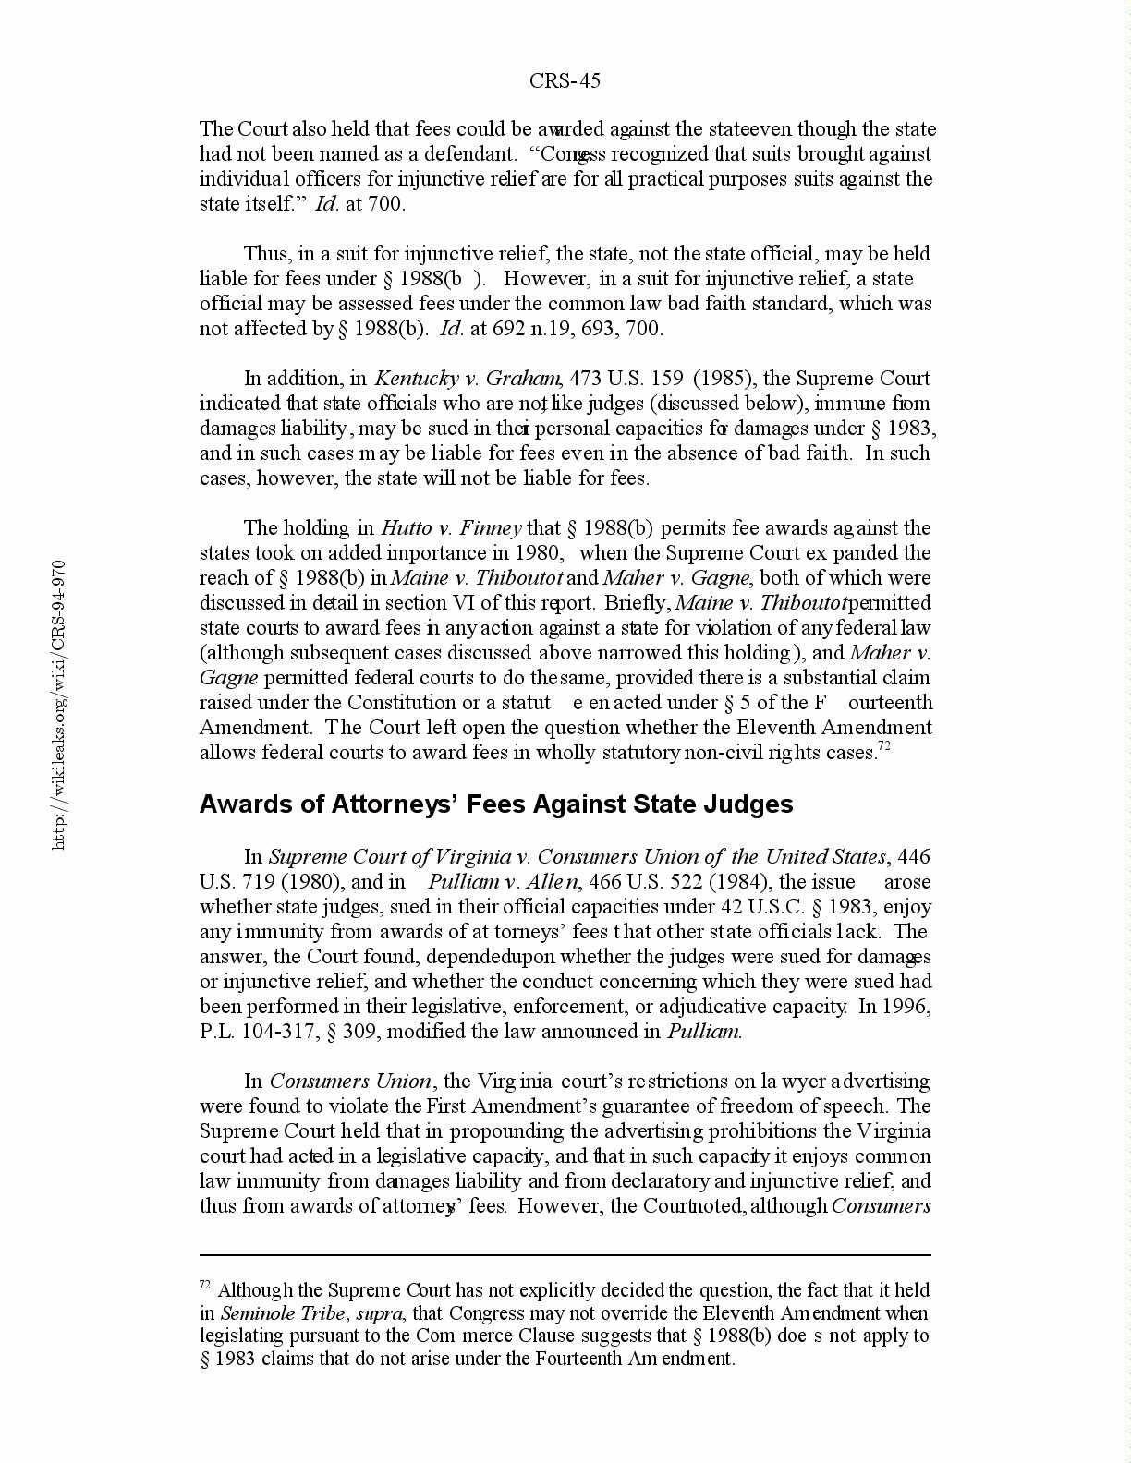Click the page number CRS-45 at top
click(x=565, y=81)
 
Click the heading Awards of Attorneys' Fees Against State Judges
click(x=496, y=804)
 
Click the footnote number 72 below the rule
click(x=205, y=1285)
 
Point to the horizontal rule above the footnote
click(x=565, y=1255)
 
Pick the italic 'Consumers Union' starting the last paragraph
click(x=351, y=1081)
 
